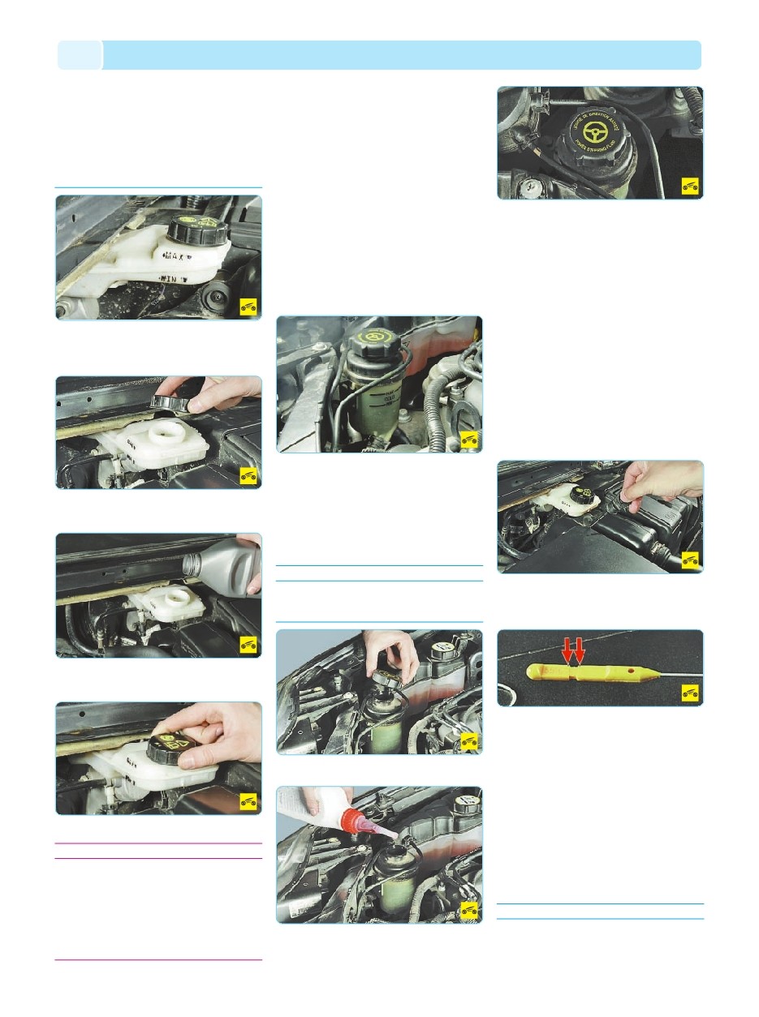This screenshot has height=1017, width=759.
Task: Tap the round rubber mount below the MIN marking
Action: point(216,297)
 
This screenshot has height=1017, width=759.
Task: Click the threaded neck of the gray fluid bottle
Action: point(194,561)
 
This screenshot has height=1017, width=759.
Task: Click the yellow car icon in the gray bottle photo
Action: point(249,644)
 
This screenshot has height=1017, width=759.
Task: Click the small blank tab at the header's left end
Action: point(80,55)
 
